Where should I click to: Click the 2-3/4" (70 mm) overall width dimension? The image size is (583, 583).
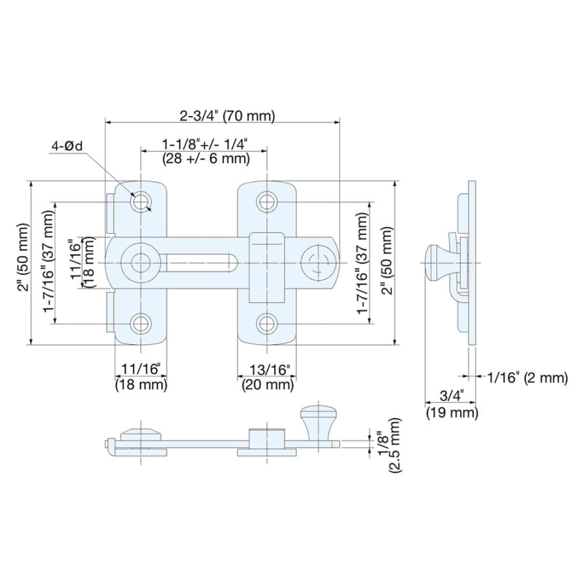coord(227,116)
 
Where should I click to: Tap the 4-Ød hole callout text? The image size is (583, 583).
coord(67,146)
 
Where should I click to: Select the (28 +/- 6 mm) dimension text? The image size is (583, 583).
coord(206,159)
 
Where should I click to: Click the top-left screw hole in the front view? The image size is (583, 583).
coord(141,202)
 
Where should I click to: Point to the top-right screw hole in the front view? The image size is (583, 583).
coord(267,202)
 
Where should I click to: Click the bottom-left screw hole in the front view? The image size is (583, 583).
coord(141,323)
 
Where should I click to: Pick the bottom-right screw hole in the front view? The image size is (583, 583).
coord(267,323)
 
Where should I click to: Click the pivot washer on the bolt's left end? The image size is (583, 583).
coord(141,262)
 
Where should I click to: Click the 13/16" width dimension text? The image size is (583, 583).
coord(269,370)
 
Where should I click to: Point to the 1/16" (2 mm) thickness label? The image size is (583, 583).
coord(527,378)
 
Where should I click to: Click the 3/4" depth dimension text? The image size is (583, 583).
coord(452,396)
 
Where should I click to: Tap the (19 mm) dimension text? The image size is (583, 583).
coord(452,413)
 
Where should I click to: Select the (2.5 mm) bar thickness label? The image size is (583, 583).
coord(395,445)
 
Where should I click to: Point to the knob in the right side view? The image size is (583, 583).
coord(439,262)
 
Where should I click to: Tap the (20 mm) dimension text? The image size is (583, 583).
coord(268,384)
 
